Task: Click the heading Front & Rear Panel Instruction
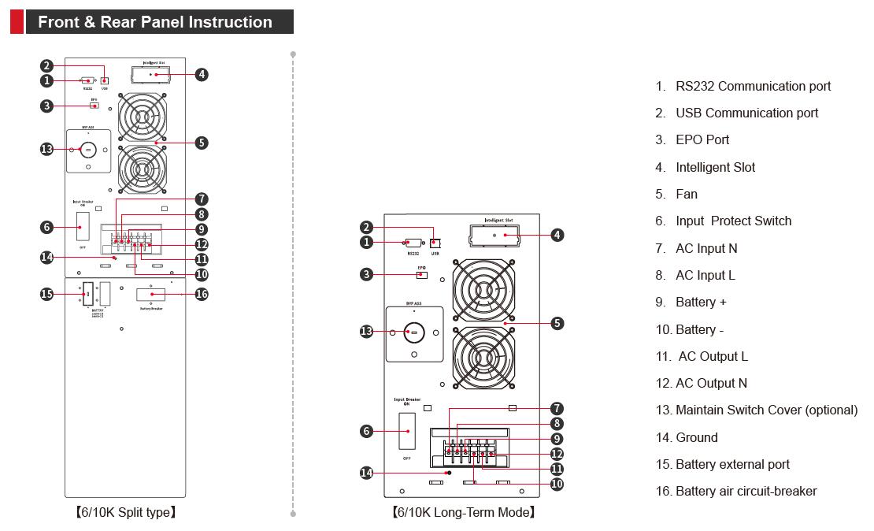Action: click(x=155, y=22)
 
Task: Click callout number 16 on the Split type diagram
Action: click(x=202, y=294)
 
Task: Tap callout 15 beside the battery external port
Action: click(x=46, y=294)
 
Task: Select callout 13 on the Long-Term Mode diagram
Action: click(x=366, y=332)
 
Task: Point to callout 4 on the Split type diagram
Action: click(x=202, y=74)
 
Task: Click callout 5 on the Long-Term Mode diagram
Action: click(x=557, y=323)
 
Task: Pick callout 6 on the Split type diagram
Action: click(x=46, y=227)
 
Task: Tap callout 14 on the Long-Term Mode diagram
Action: click(x=366, y=473)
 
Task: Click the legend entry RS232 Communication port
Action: click(x=753, y=86)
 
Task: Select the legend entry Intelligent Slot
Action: click(x=715, y=167)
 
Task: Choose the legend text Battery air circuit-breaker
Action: click(x=746, y=491)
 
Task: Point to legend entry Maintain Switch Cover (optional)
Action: click(x=766, y=410)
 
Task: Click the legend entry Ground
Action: click(x=696, y=437)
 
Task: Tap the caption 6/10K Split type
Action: click(x=126, y=513)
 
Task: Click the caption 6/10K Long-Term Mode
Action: click(x=464, y=513)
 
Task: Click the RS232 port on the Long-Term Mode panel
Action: click(x=413, y=243)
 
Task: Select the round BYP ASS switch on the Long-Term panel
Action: click(x=414, y=332)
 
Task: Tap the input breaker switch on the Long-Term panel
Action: click(x=407, y=432)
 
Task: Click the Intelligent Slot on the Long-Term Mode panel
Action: click(x=494, y=235)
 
